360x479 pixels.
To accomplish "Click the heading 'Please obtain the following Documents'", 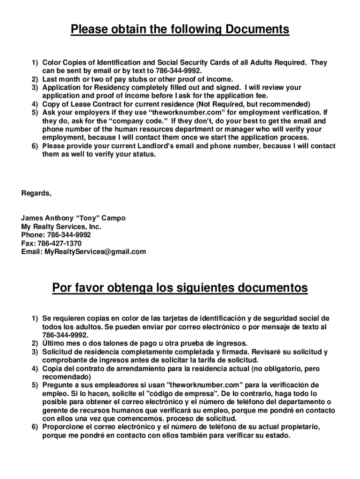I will [180, 30].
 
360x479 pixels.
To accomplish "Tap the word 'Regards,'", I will [36, 193].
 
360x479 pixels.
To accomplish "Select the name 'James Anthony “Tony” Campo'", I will [73, 218].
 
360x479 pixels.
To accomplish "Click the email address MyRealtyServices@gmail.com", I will [95, 252].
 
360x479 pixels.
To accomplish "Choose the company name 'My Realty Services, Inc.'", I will [61, 227].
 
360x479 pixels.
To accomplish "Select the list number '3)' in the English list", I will [35, 88].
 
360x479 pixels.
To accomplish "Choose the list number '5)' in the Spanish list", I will [35, 385].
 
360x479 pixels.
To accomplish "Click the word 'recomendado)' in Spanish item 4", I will [66, 377].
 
